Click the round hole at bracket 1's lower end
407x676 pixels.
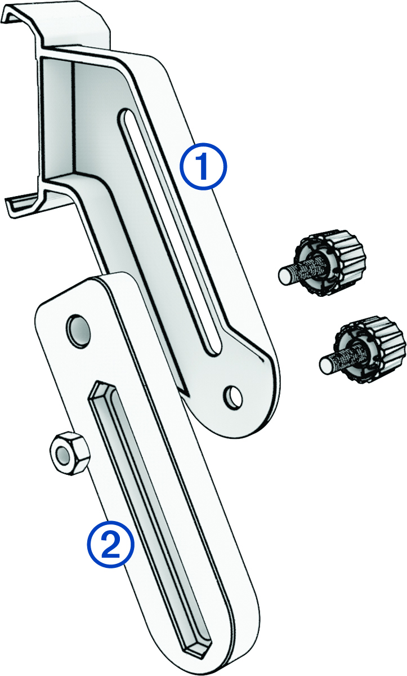231,396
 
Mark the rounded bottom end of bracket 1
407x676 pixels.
248,428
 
